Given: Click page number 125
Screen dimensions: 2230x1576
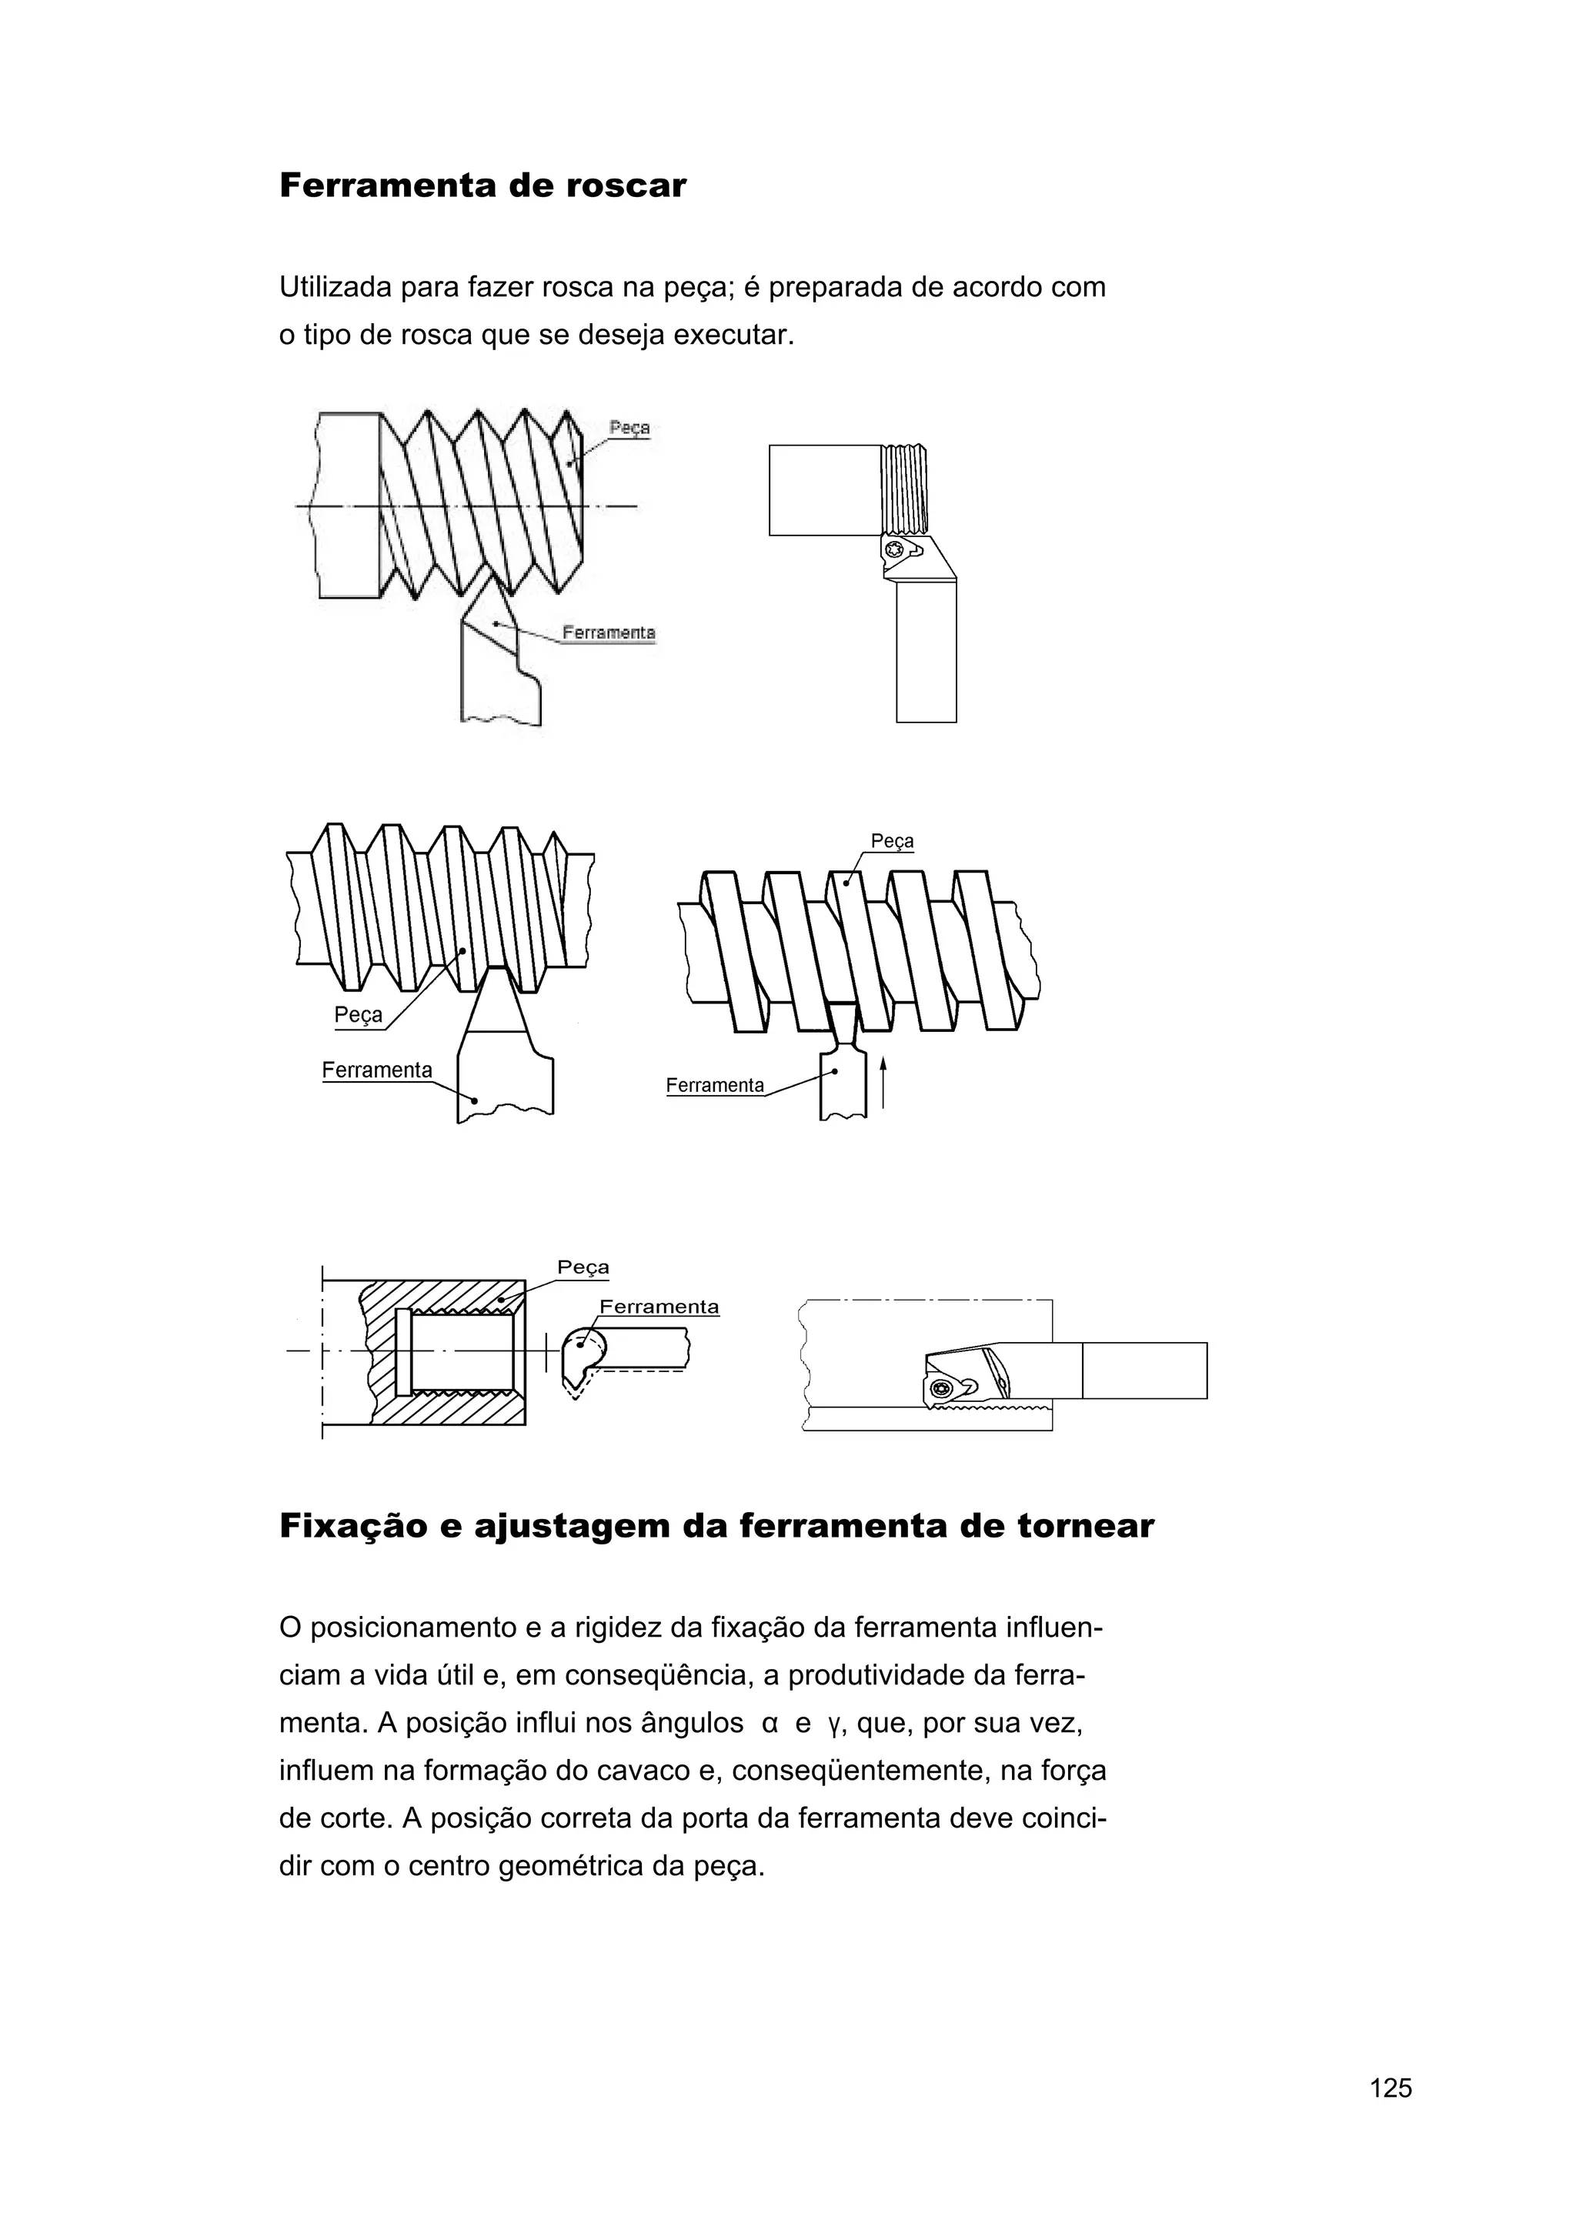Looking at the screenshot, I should click(x=1391, y=2115).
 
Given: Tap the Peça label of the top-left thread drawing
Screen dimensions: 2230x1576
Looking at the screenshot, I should click(x=629, y=427).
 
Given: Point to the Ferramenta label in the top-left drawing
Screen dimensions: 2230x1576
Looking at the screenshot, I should click(x=609, y=633).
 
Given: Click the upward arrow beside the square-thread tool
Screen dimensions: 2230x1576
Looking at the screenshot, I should click(x=883, y=1082).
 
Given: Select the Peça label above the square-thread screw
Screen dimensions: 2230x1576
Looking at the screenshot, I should click(x=891, y=841).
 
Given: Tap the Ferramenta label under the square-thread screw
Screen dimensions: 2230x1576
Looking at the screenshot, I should click(x=715, y=1086).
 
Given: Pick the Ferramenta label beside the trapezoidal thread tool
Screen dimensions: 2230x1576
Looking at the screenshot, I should click(x=377, y=1070).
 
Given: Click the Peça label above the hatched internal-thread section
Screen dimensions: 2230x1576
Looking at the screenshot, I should click(x=583, y=1267).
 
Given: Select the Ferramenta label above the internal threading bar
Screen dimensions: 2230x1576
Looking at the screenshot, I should click(x=659, y=1307).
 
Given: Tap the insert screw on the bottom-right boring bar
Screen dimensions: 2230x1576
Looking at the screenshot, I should click(x=938, y=1389).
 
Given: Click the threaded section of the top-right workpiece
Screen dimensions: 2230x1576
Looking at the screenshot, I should click(x=904, y=489).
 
